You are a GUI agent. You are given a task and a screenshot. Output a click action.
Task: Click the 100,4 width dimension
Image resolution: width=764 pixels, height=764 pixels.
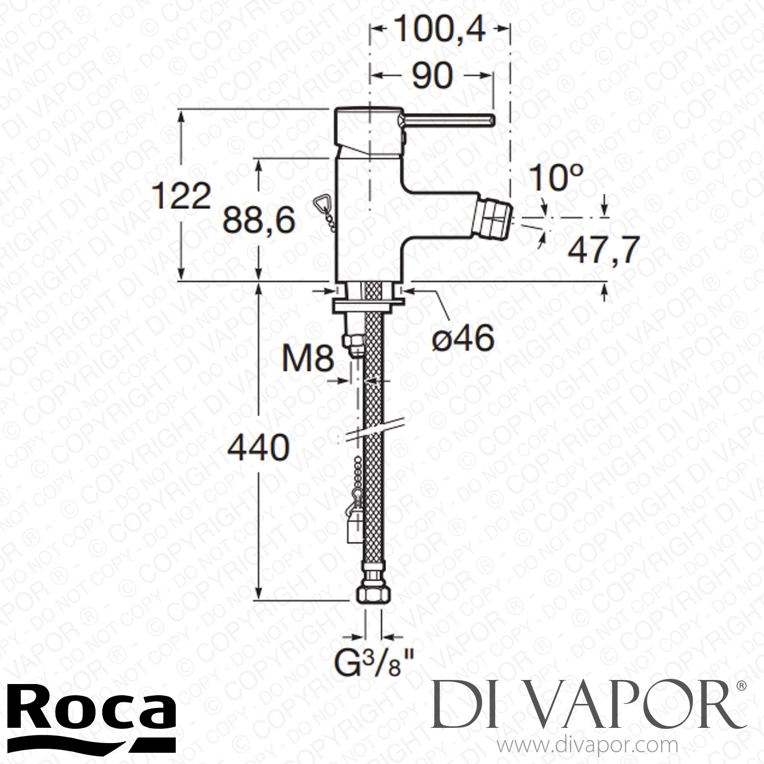(x=440, y=32)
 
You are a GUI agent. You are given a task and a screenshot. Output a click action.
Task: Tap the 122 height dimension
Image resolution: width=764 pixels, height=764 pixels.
(x=182, y=197)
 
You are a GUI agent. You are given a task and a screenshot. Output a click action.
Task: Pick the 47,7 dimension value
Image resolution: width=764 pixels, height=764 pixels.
(x=603, y=250)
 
